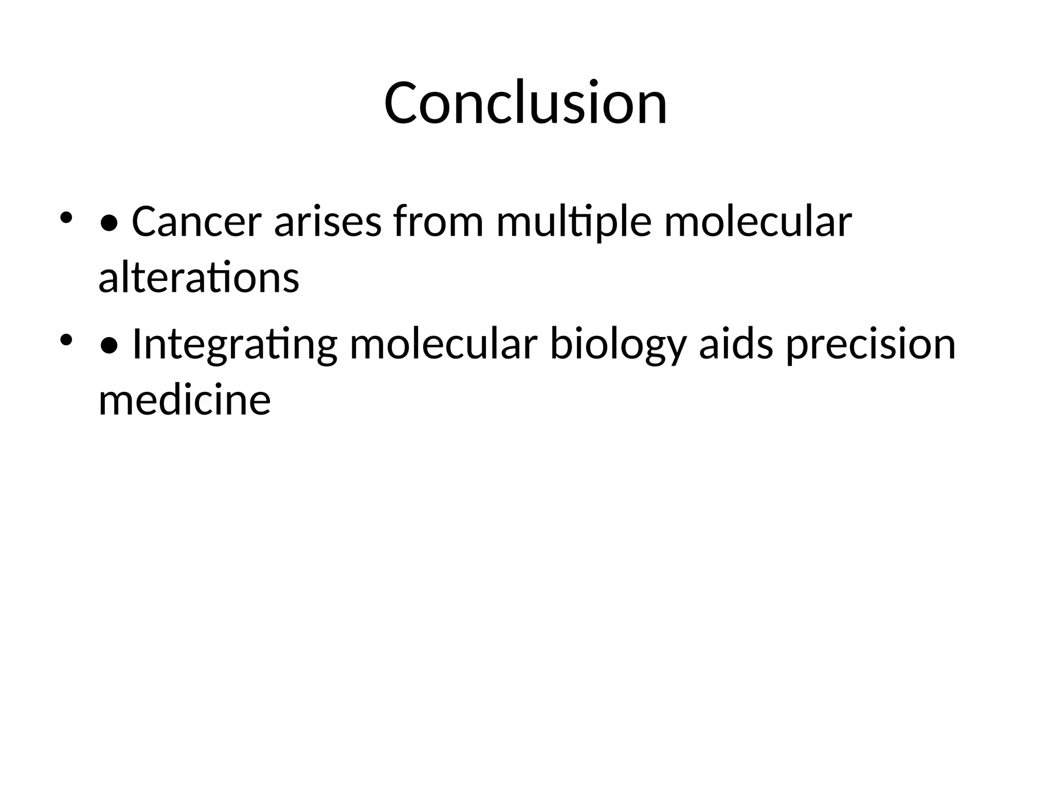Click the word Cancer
196,222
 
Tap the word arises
328,222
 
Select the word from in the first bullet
438,222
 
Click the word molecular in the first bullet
757,222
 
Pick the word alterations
198,278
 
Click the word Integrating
234,345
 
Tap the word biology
618,345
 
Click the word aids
735,344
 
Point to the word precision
871,345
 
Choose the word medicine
184,400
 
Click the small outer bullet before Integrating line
66,340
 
